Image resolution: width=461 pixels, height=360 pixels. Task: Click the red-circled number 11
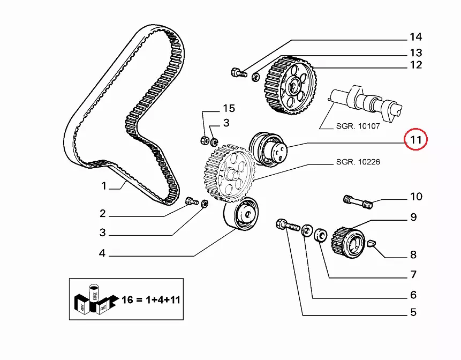[416, 140]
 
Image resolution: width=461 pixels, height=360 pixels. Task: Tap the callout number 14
[415, 37]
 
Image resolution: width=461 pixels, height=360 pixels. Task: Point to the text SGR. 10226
[358, 161]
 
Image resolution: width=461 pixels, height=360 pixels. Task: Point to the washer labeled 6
[308, 231]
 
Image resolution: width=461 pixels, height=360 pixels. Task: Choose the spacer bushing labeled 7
[321, 235]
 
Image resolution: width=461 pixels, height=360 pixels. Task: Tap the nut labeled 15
[204, 140]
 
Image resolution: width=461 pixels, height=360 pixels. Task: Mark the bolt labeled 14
[238, 72]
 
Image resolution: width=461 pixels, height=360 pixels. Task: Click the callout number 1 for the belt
[104, 186]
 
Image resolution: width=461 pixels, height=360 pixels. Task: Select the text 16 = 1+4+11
[151, 298]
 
